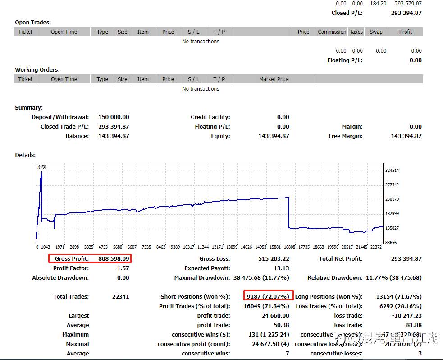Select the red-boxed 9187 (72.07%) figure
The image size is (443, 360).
[268, 296]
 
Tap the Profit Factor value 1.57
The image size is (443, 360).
[123, 268]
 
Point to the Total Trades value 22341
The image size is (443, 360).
[120, 296]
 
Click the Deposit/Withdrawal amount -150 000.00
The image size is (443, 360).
[113, 117]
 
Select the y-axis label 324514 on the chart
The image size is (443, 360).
[392, 171]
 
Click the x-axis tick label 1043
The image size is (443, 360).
[46, 247]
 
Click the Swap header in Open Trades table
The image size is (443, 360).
[376, 32]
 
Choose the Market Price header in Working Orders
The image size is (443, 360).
[274, 79]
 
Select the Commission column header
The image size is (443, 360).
[332, 32]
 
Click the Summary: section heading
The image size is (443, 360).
[29, 108]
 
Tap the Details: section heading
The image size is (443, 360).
[25, 155]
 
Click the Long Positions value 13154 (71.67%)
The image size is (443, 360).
[398, 296]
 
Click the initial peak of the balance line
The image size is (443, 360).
[41, 172]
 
